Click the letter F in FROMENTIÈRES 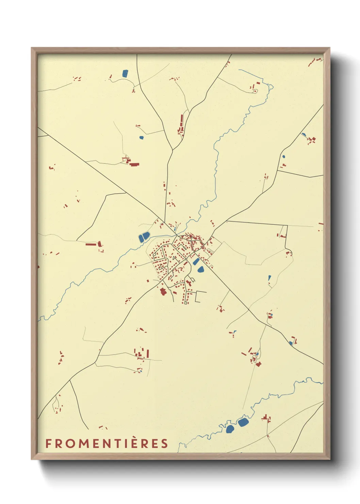pos(49,443)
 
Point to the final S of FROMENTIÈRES pos(165,443)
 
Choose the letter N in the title pos(107,443)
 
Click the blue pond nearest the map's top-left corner pos(125,73)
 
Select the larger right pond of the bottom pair pos(243,423)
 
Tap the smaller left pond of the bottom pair pos(230,429)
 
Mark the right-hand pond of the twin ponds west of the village pos(146,236)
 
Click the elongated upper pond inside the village pos(196,262)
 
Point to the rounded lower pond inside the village pos(201,270)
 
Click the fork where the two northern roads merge pos(173,150)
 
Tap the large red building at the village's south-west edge pos(163,292)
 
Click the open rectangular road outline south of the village pos(201,297)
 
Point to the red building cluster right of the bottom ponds pos(266,419)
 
